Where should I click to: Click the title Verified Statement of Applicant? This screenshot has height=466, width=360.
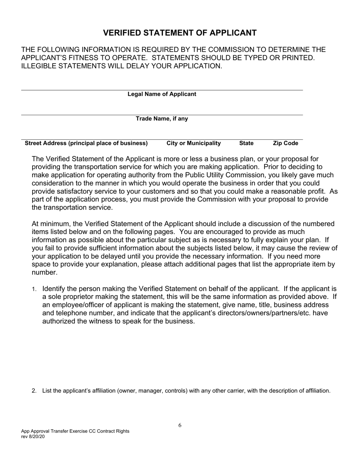coord(180,33)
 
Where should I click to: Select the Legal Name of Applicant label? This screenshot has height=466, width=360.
coord(162,94)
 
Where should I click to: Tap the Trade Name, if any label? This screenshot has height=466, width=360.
coord(162,119)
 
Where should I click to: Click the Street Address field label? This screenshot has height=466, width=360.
coord(86,143)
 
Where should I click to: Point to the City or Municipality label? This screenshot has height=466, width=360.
coord(194,143)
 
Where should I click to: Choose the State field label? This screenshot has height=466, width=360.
coord(246,143)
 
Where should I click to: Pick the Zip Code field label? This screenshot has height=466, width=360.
coord(285,143)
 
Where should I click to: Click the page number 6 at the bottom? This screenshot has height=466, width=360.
coord(180,425)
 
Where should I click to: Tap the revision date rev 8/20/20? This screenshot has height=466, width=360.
coord(33,436)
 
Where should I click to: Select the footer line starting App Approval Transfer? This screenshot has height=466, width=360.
coord(75,431)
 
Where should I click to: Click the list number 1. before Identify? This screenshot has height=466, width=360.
coord(34,289)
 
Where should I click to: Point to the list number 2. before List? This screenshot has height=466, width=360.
coord(34,391)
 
